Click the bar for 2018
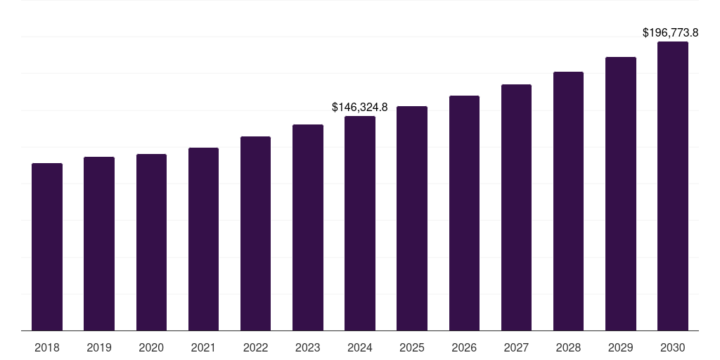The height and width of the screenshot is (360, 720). (x=47, y=246)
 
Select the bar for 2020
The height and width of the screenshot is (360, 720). (x=151, y=242)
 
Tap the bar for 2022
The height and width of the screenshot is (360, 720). (x=255, y=233)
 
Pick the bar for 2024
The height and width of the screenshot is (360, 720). (x=360, y=223)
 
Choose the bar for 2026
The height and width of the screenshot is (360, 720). (x=464, y=212)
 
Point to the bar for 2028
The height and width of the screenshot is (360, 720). (x=568, y=200)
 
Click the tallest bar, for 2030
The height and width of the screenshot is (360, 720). (x=673, y=186)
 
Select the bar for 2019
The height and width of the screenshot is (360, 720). (x=99, y=243)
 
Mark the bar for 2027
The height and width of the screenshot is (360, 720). (x=516, y=207)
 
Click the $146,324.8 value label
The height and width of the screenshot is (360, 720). (x=360, y=108)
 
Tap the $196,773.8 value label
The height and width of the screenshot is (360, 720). (x=671, y=33)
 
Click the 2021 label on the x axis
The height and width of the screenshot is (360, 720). (x=203, y=347)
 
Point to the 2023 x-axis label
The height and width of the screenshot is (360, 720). (x=308, y=347)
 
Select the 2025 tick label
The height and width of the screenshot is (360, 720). (x=412, y=347)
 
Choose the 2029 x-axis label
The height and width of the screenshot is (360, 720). (x=620, y=347)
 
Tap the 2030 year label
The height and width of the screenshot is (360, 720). (x=673, y=347)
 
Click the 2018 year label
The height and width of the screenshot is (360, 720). (x=47, y=347)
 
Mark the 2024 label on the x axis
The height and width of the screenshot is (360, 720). (x=360, y=347)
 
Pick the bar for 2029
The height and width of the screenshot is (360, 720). (x=620, y=193)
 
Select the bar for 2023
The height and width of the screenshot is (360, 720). (x=308, y=227)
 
